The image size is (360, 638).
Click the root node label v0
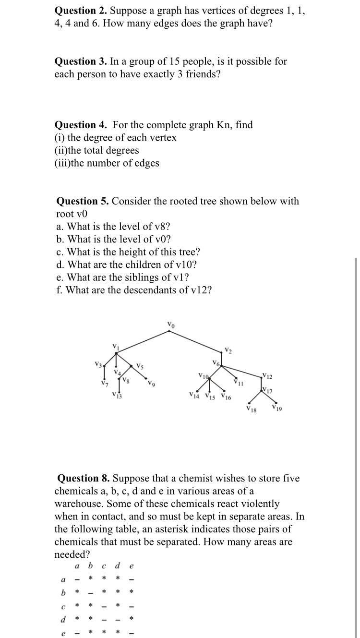tap(171, 325)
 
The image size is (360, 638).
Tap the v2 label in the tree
tap(228, 351)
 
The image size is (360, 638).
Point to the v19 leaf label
tap(277, 409)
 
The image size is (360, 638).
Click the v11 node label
tap(239, 383)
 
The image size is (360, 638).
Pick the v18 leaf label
tap(251, 409)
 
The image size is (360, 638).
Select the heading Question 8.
tap(84, 478)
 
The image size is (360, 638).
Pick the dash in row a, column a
tap(76, 579)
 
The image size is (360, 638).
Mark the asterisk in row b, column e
tap(132, 592)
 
